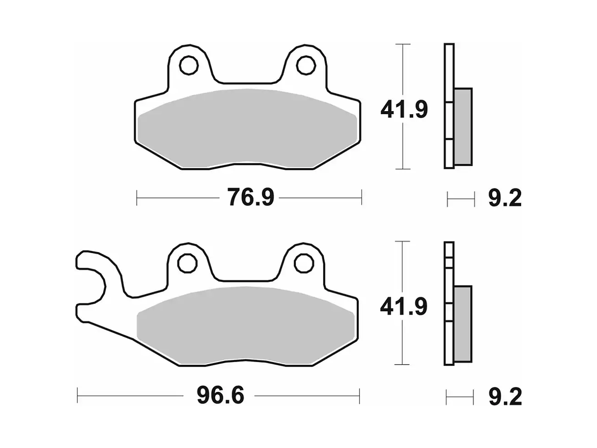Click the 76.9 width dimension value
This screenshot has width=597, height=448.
tap(250, 198)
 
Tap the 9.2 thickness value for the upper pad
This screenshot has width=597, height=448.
tap(505, 199)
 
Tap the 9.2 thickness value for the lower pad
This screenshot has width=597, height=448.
tap(505, 397)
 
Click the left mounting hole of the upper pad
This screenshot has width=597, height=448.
tap(188, 65)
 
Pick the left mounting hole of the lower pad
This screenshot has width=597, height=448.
tap(186, 263)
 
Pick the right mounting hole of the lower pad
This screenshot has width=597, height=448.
tap(303, 263)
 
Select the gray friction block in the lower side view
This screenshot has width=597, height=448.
tap(462, 323)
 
